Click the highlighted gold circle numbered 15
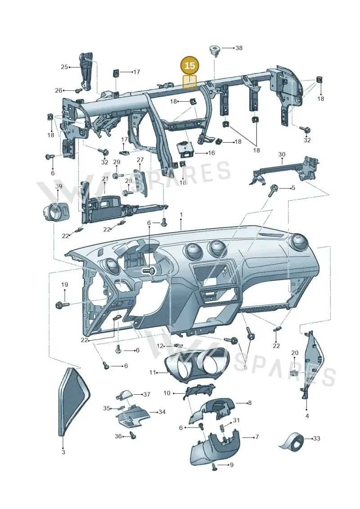(x=190, y=66)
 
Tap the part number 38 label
(x=238, y=48)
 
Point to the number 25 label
(x=64, y=67)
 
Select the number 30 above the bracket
(x=282, y=154)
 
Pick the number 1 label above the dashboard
(x=181, y=215)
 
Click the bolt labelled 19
(x=63, y=305)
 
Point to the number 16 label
(x=211, y=153)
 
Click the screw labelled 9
(x=215, y=467)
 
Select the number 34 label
(x=162, y=412)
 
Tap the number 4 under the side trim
(x=307, y=416)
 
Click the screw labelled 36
(x=133, y=436)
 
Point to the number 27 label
(x=140, y=160)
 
